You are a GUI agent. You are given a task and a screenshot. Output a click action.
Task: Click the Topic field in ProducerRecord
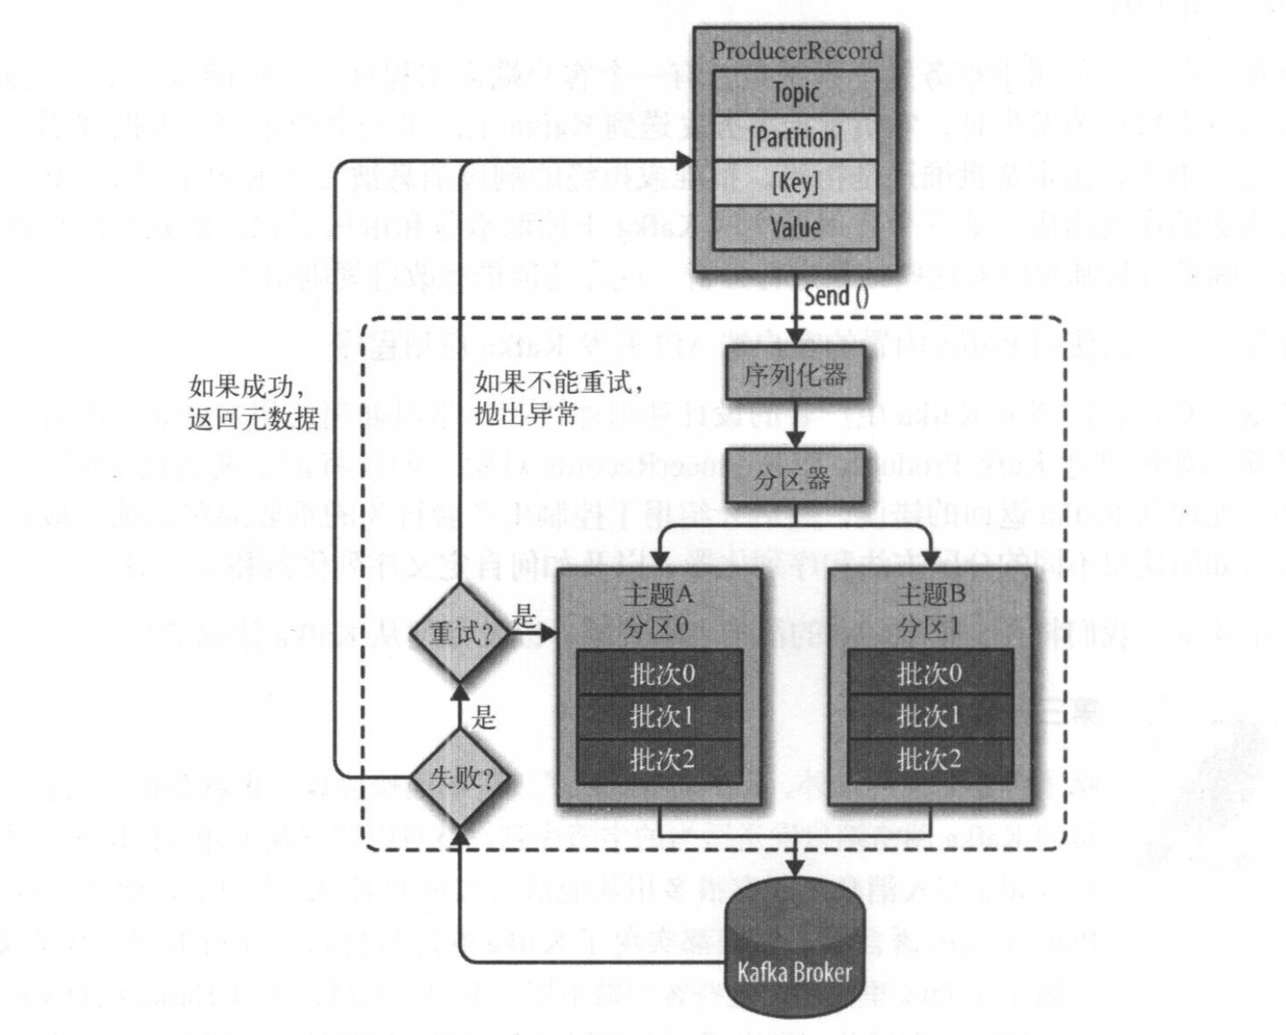point(795,92)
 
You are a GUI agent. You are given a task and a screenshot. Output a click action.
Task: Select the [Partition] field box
point(795,138)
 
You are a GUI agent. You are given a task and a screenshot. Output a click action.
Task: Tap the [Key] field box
point(795,182)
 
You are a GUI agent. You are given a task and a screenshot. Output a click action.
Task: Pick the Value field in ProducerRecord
point(795,227)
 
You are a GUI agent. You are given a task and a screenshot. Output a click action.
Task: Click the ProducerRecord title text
point(797,51)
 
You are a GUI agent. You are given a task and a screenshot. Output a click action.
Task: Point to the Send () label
point(836,296)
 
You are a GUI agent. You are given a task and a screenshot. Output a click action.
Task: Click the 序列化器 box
point(795,375)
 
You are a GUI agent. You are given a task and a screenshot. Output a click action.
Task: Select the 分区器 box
point(793,478)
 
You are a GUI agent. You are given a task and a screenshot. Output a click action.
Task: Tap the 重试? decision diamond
point(461,634)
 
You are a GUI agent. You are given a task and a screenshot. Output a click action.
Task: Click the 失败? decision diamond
point(461,778)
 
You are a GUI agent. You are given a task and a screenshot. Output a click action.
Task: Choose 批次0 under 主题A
point(660,673)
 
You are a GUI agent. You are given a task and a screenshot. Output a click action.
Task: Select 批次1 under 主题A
point(660,716)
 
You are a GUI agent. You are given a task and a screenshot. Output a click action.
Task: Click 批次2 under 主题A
point(660,760)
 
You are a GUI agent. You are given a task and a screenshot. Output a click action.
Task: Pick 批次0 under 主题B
point(929,673)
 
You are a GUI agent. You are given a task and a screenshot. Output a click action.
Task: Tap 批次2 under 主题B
point(929,760)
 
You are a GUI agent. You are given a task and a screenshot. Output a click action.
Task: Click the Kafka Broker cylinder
point(794,954)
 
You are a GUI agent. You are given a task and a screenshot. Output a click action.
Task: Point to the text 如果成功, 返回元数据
point(254,402)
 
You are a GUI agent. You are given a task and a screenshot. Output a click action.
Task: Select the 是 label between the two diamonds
point(484,717)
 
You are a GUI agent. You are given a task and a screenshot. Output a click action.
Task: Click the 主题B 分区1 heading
point(930,609)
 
